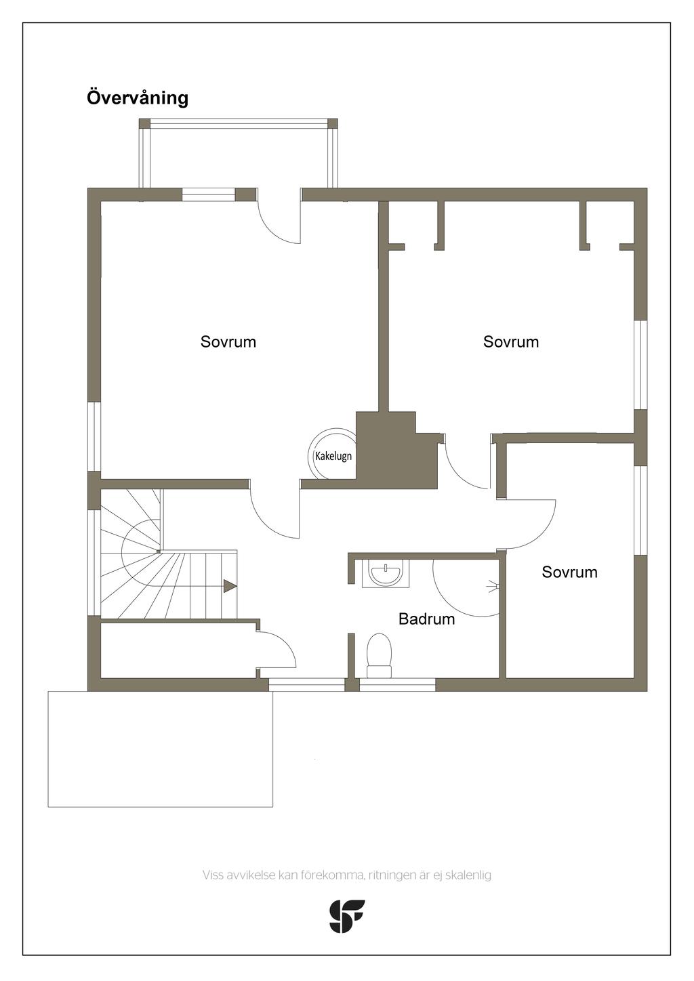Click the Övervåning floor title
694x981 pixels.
pos(138,98)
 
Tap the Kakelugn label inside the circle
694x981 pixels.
pos(333,456)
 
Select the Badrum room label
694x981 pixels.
pos(426,619)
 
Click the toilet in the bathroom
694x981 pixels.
pos(380,654)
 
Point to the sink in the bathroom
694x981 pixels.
pos(386,574)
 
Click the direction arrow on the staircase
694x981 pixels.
pos(230,586)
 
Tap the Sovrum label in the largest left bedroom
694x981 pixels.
pos(228,341)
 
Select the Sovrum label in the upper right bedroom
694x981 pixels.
pos(511,341)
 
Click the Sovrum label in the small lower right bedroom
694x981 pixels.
pos(569,572)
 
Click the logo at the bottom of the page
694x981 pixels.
pos(347,916)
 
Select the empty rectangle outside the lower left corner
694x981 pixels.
pos(160,749)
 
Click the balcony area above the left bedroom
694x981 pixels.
pos(238,156)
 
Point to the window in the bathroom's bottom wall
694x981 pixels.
pos(397,685)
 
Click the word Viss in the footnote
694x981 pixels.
pos(213,875)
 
